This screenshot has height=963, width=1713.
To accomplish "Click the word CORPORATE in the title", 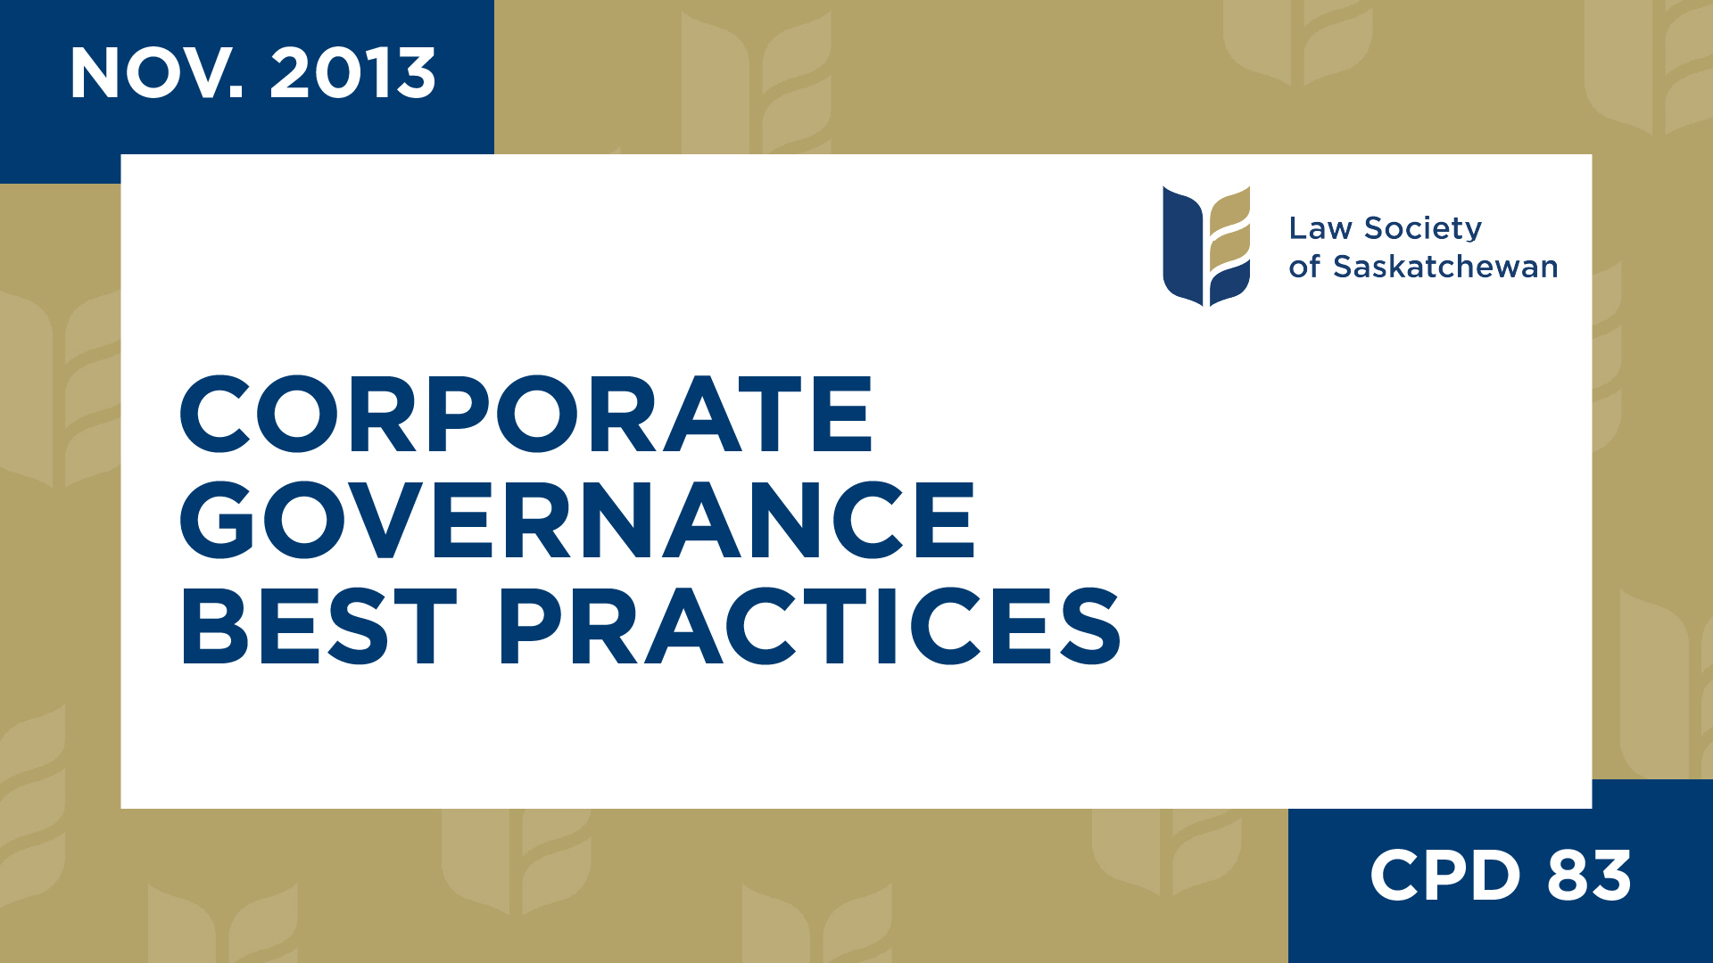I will [526, 415].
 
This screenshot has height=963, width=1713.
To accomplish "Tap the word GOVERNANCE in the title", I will [577, 520].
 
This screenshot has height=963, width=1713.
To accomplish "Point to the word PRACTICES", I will [809, 626].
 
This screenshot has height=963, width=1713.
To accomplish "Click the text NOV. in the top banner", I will [157, 74].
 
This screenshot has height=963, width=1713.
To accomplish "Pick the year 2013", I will [352, 74].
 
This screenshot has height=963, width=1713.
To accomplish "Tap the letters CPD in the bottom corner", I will [1444, 876].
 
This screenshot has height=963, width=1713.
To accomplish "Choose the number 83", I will [1589, 876].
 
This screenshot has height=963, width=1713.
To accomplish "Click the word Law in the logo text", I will [1320, 229].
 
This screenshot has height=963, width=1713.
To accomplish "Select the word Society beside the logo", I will [1423, 229].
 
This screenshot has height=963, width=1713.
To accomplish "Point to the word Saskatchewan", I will [1445, 267].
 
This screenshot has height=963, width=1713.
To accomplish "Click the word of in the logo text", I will [1304, 267].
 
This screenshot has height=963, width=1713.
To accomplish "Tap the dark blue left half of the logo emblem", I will [1183, 245].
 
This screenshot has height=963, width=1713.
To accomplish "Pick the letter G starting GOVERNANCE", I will [217, 520].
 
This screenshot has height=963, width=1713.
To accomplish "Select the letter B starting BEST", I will [214, 626].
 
